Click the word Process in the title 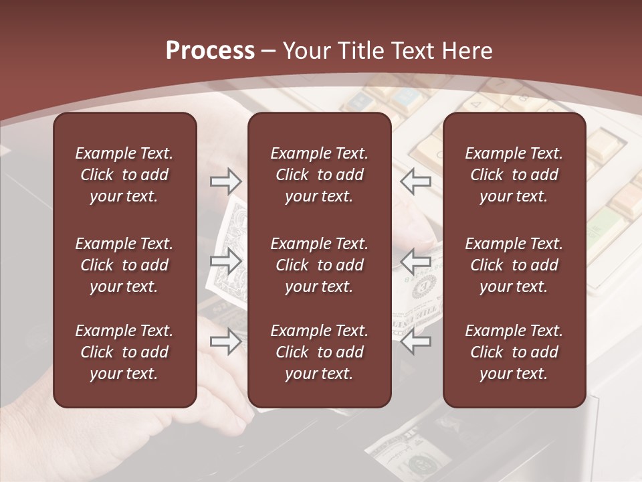pos(210,51)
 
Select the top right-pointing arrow pos(226,180)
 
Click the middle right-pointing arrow pos(226,260)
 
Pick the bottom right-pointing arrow pos(226,342)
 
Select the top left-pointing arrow pos(416,180)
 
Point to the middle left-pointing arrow pos(416,260)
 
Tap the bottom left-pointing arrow pos(416,342)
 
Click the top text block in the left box pos(124,175)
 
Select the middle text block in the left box pos(124,265)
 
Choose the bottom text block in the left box pos(124,352)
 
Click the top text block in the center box pos(319,175)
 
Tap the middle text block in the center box pos(319,265)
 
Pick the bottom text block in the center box pos(319,352)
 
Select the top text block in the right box pos(514,175)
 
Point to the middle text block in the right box pos(514,265)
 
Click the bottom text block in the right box pos(514,352)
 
